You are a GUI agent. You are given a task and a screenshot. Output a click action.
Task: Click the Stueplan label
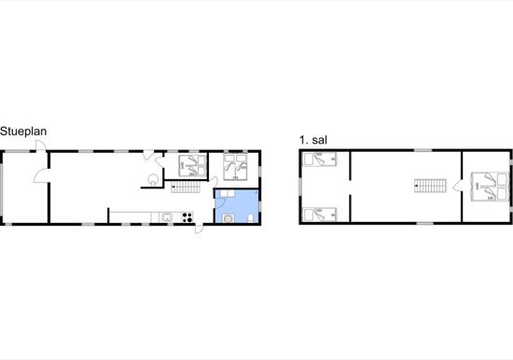point(23,132)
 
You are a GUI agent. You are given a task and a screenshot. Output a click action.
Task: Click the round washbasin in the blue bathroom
point(230,219)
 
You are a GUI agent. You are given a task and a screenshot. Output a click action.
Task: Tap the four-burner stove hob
point(187,219)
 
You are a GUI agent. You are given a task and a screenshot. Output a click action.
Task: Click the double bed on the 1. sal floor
point(489,187)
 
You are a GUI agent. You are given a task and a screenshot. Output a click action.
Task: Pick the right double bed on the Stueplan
point(233,164)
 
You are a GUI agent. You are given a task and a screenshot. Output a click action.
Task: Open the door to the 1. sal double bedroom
point(457,187)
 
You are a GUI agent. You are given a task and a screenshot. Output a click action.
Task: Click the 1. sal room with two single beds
point(325,187)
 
